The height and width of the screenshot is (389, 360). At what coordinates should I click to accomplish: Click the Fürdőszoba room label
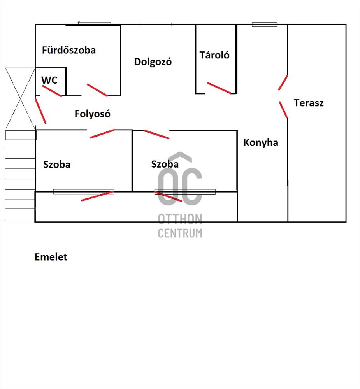69,50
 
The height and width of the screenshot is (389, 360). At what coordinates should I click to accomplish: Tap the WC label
49,81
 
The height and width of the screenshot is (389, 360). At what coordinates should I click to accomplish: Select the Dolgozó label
153,62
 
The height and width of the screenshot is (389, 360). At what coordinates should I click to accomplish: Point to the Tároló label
214,55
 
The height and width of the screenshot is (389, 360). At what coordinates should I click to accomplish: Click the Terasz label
309,103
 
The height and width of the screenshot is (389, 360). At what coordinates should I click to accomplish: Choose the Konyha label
261,143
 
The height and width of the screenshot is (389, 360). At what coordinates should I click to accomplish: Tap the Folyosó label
93,114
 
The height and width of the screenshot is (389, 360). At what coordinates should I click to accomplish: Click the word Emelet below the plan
51,257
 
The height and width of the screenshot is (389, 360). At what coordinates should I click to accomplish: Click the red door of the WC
52,91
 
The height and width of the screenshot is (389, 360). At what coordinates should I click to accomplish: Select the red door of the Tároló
219,88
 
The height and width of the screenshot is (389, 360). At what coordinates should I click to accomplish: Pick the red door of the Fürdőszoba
97,90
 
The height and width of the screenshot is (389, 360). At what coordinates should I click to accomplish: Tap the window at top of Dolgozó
156,25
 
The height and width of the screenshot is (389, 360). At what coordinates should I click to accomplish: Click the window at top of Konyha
265,25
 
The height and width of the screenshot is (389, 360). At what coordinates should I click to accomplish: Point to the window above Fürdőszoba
94,24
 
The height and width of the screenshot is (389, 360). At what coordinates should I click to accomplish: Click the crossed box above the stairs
20,98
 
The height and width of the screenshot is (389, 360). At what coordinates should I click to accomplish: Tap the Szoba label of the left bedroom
57,165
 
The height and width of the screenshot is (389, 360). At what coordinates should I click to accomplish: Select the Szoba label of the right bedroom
165,165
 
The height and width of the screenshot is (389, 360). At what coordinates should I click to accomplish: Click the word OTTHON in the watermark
180,220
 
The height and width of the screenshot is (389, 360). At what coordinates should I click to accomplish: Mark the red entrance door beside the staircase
40,111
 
